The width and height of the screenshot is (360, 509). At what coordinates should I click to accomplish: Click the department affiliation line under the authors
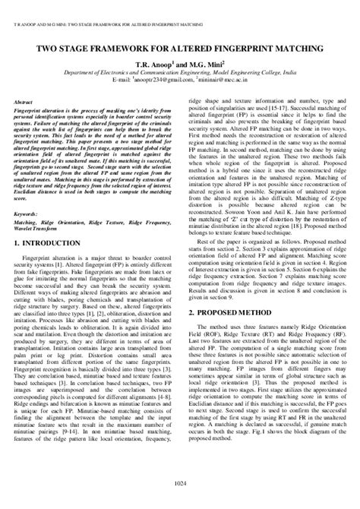pos(179,72)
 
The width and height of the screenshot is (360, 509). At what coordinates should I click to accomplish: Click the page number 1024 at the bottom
pos(180,485)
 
